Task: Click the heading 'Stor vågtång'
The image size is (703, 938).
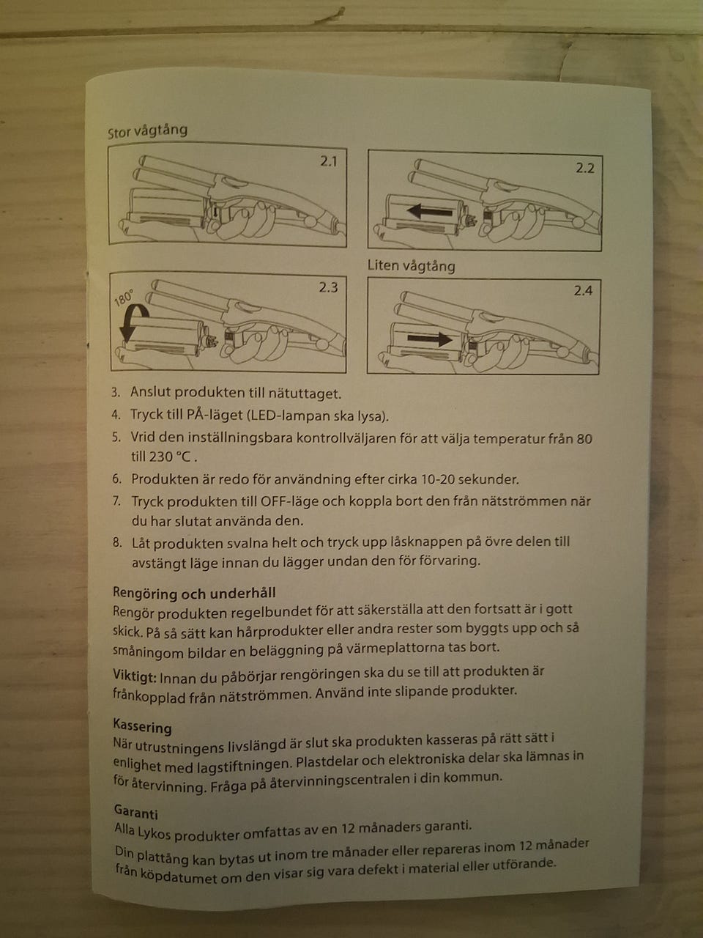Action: [147, 130]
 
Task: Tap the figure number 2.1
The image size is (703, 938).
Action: [329, 161]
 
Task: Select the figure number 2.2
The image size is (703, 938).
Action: [585, 169]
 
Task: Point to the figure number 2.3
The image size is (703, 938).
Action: [328, 287]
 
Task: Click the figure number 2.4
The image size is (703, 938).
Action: [583, 291]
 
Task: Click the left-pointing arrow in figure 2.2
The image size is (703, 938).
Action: [429, 211]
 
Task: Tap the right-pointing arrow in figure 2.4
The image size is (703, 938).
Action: [429, 339]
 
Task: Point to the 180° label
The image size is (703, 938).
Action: [124, 298]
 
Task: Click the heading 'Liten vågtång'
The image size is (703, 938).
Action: [411, 266]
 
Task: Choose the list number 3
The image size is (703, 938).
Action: [116, 392]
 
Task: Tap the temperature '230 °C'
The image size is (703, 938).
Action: [173, 457]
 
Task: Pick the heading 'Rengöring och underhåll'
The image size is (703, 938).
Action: [194, 593]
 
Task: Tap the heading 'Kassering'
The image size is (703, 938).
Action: [142, 726]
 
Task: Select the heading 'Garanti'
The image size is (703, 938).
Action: [135, 811]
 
